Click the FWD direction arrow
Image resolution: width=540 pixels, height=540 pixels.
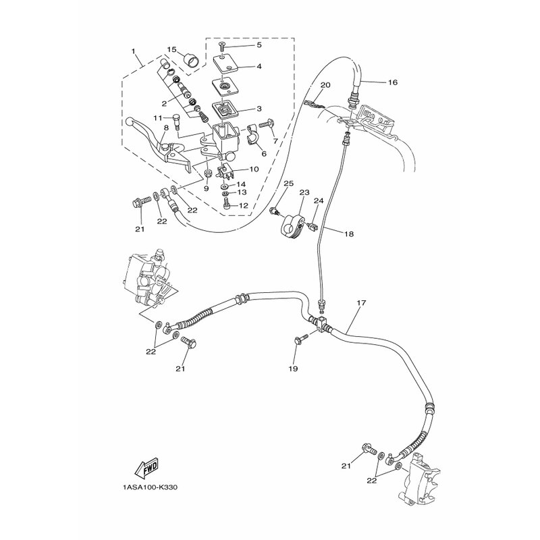tap(147, 469)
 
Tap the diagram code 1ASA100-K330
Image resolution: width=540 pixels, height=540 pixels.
tap(150, 487)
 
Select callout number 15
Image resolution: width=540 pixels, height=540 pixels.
tap(172, 49)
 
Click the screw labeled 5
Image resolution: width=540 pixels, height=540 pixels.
tap(223, 46)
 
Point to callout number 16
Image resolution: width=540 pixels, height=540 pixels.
tap(393, 82)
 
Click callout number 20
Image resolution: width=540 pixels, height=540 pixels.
tap(325, 85)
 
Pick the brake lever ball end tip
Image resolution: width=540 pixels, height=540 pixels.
tap(129, 122)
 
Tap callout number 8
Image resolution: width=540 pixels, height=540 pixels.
tap(166, 128)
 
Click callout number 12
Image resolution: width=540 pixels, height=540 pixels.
tap(244, 206)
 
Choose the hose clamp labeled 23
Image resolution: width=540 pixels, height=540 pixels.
tap(294, 225)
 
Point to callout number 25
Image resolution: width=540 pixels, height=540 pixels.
tap(289, 184)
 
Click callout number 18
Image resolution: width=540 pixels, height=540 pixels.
tap(349, 234)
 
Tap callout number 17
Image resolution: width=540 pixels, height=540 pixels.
tap(361, 303)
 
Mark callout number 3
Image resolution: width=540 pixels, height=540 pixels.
tap(259, 109)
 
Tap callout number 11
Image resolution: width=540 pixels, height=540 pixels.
tap(158, 117)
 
